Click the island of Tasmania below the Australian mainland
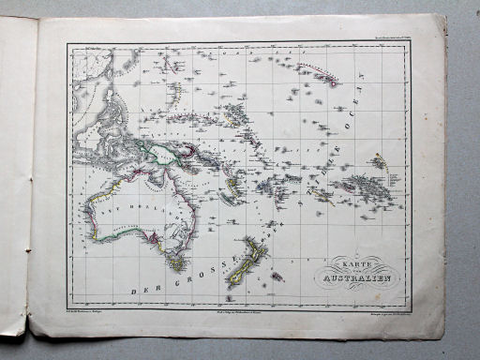coord(175,263)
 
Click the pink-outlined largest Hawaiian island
coord(333,81)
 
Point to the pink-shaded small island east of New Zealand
coord(278,277)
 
